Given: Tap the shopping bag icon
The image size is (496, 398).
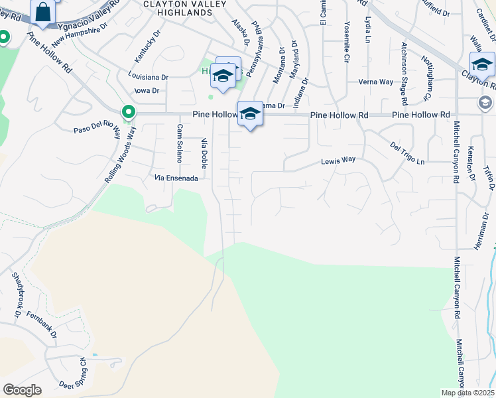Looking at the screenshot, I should [43, 13].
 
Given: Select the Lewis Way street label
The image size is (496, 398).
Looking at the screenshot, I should [338, 160].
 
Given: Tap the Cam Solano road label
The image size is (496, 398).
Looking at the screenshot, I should [179, 141].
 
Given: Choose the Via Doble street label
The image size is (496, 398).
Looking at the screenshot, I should [204, 153].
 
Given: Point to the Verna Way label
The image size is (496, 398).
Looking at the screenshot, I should [376, 82].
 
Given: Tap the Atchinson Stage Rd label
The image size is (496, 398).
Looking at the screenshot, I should [403, 73].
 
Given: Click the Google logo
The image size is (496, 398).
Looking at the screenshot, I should [22, 389].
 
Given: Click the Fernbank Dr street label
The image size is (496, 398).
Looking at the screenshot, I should [42, 326].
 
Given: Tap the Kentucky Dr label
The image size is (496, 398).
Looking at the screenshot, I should [147, 44].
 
